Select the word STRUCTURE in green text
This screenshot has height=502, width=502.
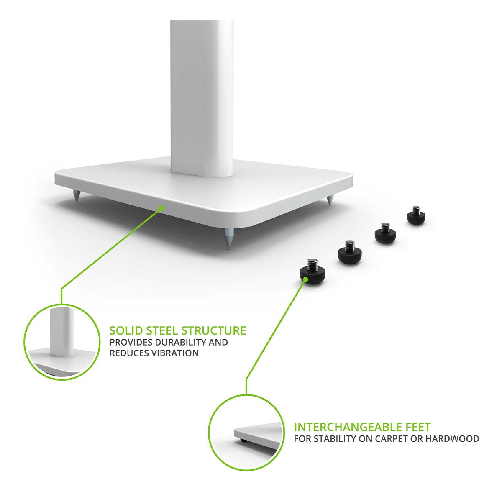coord(214,330)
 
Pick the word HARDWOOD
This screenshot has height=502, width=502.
coord(452,439)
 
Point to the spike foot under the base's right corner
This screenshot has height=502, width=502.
coord(329,201)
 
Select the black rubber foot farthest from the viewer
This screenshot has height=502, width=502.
coord(416,217)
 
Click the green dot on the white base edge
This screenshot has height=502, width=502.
coord(161,208)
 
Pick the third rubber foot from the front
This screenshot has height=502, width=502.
coord(385,234)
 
